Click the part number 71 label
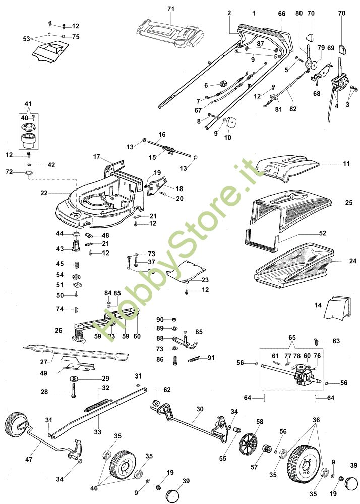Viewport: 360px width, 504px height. (x=171, y=9)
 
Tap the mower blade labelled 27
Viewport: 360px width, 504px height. (x=76, y=351)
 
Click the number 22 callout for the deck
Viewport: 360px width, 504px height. (x=44, y=193)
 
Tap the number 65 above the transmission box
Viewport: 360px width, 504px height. (x=292, y=338)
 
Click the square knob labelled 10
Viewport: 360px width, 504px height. (x=231, y=122)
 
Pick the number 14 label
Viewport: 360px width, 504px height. (x=318, y=305)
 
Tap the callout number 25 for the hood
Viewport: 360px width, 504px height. (x=349, y=203)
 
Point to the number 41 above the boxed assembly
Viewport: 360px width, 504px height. (x=28, y=104)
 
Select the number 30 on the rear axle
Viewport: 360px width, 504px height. (x=200, y=409)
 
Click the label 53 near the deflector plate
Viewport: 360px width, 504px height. (x=26, y=39)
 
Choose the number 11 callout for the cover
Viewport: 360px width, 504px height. (x=346, y=164)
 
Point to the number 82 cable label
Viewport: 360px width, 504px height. (x=293, y=109)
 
